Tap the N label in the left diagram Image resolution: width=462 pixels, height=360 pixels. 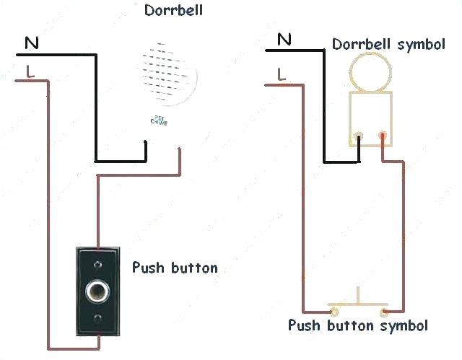click(x=32, y=44)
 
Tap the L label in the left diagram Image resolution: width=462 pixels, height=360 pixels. click(x=30, y=71)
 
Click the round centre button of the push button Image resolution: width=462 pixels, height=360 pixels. click(x=97, y=291)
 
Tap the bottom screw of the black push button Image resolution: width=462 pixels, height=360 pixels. click(x=97, y=319)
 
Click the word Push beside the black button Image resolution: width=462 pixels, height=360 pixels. click(x=147, y=268)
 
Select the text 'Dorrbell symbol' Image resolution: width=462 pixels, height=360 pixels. click(x=388, y=45)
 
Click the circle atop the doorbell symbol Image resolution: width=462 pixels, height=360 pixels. click(x=369, y=73)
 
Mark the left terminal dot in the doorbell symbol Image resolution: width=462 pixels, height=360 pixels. click(x=359, y=134)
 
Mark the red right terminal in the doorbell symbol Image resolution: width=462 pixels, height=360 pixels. click(x=382, y=134)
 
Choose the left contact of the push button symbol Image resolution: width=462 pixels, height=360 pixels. click(x=334, y=312)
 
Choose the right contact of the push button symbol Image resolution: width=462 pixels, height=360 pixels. click(x=385, y=312)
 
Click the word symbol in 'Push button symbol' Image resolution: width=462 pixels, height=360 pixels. click(x=400, y=325)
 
